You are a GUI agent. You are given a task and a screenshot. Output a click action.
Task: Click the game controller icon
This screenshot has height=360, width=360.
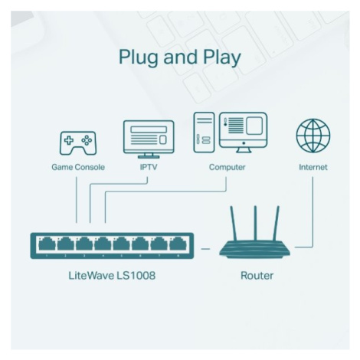(78, 143)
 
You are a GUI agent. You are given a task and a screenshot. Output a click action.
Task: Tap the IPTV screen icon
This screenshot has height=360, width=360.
(149, 139)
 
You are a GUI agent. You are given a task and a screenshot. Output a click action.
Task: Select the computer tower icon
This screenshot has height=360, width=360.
(204, 133)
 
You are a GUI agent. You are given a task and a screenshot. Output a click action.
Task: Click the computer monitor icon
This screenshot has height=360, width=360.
(244, 133)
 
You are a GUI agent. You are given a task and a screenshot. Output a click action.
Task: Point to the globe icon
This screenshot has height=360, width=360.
(313, 136)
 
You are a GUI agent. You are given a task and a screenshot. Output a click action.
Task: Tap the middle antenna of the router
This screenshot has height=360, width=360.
(255, 223)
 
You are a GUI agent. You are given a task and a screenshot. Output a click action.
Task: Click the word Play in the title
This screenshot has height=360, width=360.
(222, 57)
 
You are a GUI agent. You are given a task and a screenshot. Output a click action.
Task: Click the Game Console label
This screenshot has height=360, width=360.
(78, 167)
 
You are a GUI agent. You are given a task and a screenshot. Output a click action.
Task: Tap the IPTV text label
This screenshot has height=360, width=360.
(149, 167)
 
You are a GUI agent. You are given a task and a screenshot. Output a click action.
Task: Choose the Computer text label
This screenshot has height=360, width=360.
(227, 167)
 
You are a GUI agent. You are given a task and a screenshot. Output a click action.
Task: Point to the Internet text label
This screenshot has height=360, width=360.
(313, 167)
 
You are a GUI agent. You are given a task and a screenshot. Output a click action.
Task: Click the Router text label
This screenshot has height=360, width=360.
(257, 276)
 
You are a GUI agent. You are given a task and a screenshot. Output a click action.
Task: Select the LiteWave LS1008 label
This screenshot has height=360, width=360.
(112, 276)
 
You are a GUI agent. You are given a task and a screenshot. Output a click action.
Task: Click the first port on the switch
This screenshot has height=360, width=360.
(47, 244)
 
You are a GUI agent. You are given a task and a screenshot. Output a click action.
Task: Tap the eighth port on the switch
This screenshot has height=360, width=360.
(178, 244)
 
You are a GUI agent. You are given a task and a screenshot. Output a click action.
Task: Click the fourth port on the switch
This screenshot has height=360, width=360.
(103, 244)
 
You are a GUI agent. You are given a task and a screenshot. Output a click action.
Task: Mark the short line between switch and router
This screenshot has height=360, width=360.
(205, 248)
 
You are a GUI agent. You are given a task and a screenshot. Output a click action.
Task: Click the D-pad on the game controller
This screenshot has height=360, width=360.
(68, 140)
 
